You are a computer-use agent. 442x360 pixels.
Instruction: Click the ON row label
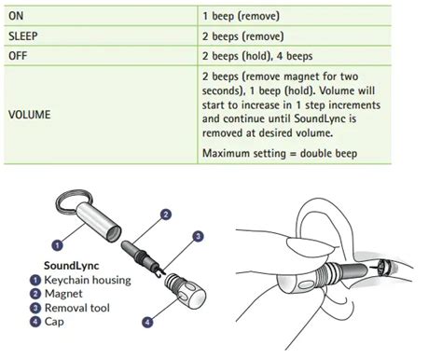[x=16, y=16]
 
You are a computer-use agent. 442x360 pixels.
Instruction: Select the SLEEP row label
[x=23, y=36]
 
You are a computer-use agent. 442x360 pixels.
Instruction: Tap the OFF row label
[x=18, y=56]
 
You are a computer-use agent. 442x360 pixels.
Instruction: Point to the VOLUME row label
[x=29, y=115]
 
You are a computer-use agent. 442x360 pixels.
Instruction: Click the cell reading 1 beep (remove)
[x=241, y=16]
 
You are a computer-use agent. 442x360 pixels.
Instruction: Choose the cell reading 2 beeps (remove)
[x=243, y=36]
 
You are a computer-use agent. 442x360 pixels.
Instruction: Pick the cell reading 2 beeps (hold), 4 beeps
[x=257, y=56]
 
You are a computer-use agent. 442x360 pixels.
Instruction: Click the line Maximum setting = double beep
[x=280, y=153]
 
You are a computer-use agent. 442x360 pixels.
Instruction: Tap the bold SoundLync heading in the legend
[x=72, y=266]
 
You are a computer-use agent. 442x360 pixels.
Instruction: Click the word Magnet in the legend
[x=63, y=294]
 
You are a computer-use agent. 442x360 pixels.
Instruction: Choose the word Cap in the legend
[x=54, y=322]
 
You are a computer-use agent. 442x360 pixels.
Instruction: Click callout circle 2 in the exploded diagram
[x=166, y=215]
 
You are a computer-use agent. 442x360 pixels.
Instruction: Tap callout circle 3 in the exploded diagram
[x=199, y=237]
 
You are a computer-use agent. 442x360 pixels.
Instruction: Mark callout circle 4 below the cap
[x=147, y=322]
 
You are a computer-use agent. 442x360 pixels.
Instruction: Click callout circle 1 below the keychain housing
[x=57, y=245]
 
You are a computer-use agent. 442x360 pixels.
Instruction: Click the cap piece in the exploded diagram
[x=186, y=291]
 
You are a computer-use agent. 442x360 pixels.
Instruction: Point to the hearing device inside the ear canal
[x=386, y=269]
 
